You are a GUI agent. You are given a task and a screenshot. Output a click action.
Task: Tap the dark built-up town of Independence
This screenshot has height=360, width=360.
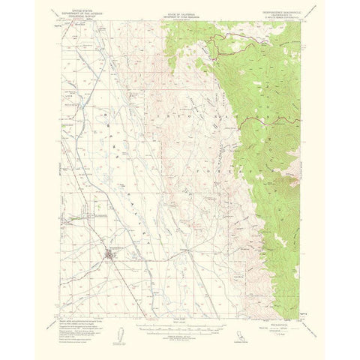click(x=113, y=259)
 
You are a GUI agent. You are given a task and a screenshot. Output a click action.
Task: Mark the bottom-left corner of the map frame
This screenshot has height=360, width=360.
click(x=62, y=300)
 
